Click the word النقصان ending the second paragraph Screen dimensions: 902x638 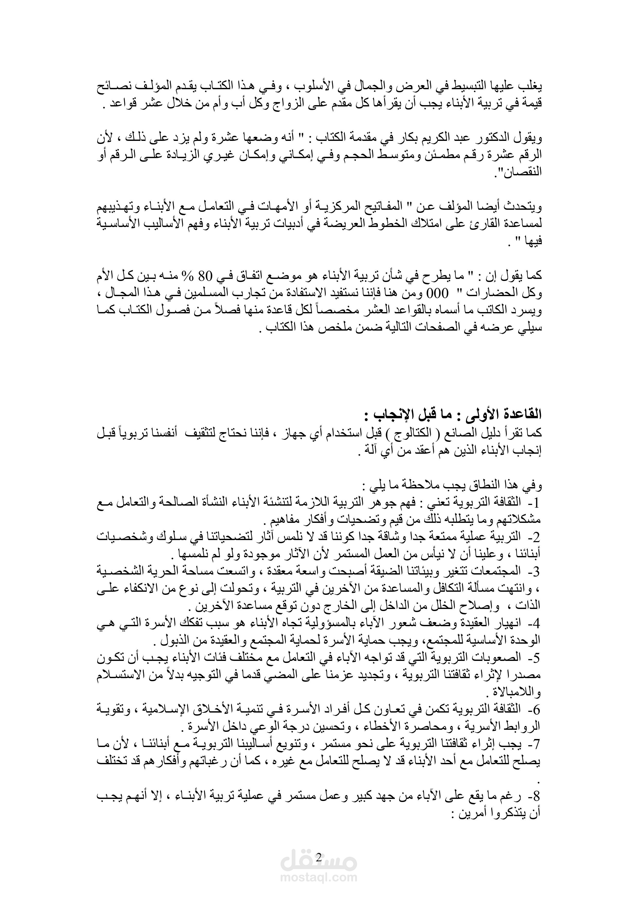[x=520, y=172]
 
